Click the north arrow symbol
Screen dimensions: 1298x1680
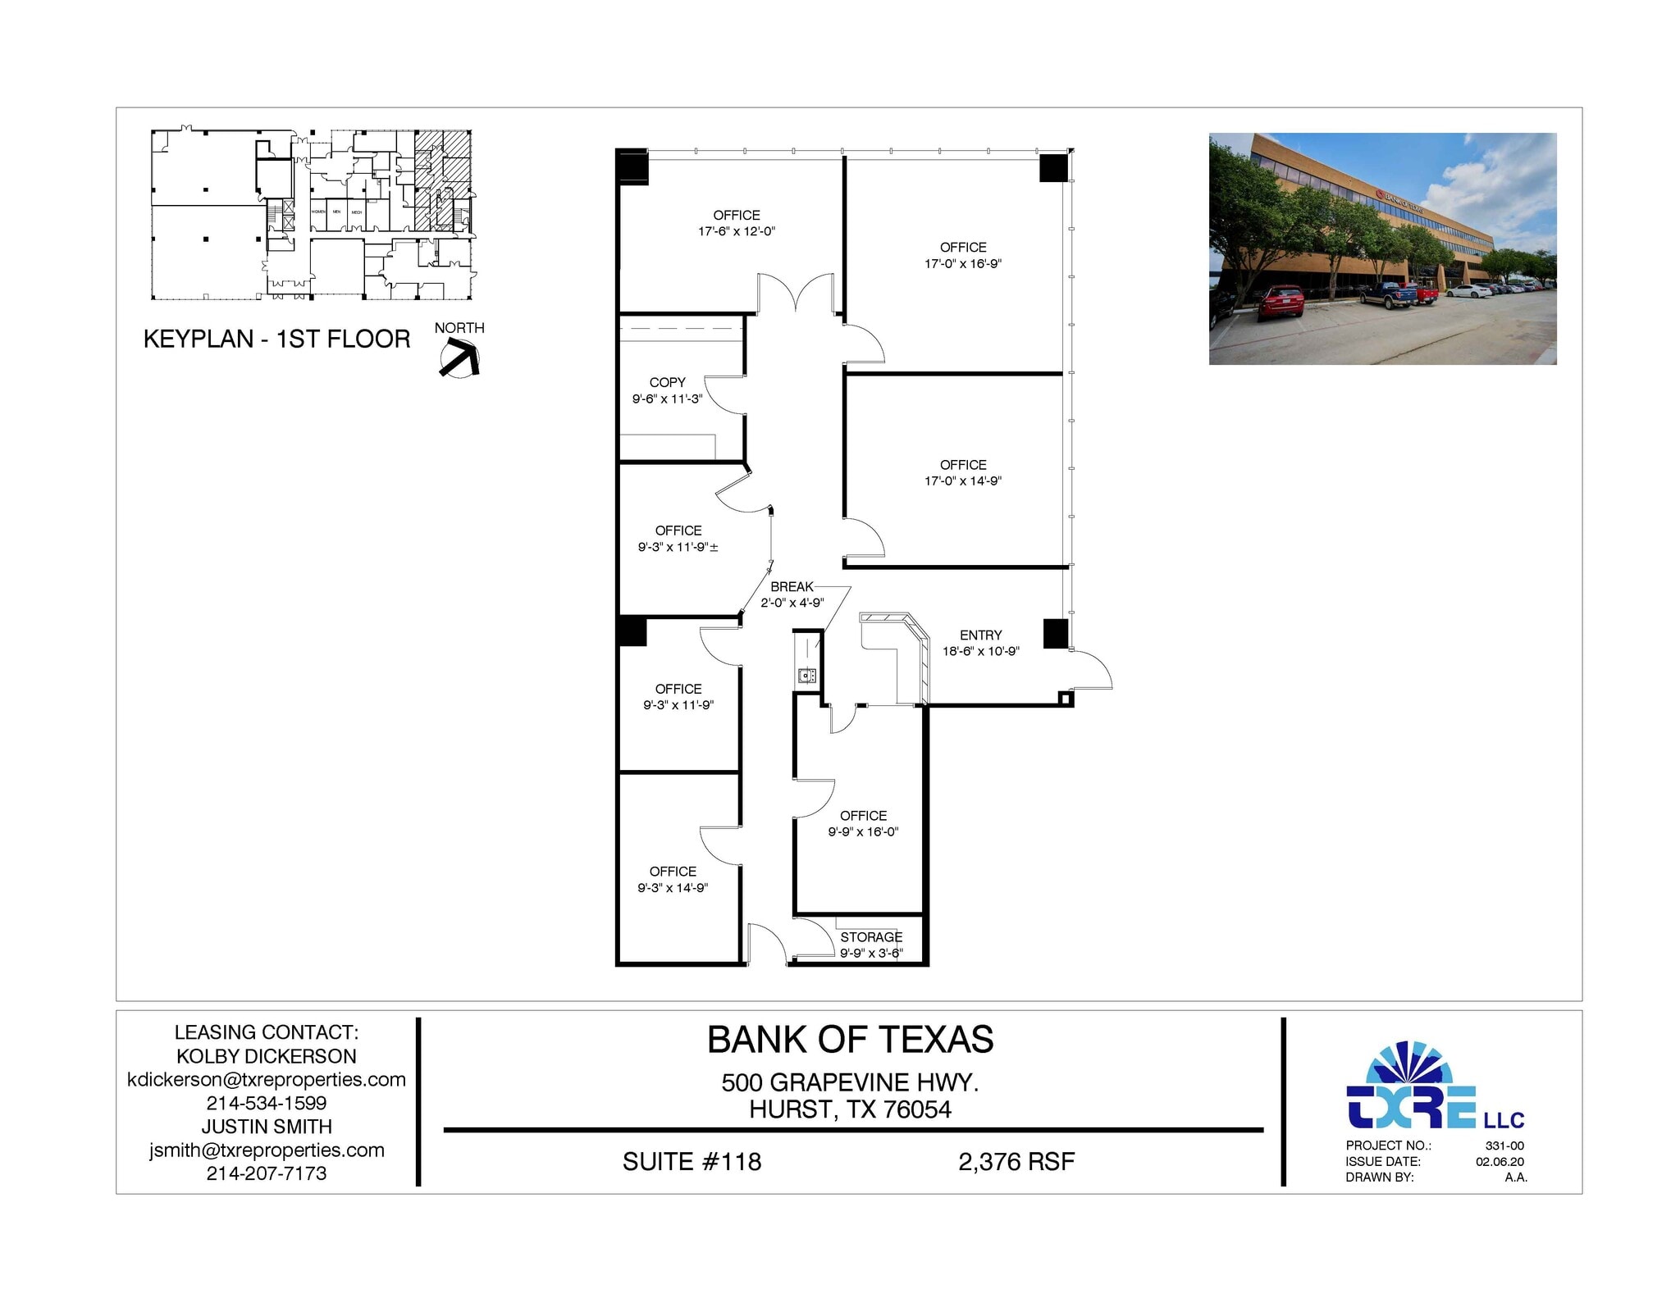pyautogui.click(x=459, y=358)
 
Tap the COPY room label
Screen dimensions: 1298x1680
pyautogui.click(x=667, y=382)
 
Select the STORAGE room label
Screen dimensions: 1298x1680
pyautogui.click(x=870, y=936)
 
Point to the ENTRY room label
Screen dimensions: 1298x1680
pyautogui.click(x=980, y=635)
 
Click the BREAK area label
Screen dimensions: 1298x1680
pyautogui.click(x=792, y=586)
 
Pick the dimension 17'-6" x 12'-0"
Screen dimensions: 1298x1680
pyautogui.click(x=736, y=231)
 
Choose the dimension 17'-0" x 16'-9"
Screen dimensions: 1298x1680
pyautogui.click(x=962, y=263)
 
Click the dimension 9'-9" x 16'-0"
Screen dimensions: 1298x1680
pyautogui.click(x=863, y=831)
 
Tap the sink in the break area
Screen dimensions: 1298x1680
pyautogui.click(x=807, y=676)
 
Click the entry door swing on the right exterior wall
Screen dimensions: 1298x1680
pyautogui.click(x=1091, y=671)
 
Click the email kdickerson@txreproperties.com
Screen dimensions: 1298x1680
pyautogui.click(x=267, y=1079)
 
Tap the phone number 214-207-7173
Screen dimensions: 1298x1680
pyautogui.click(x=267, y=1173)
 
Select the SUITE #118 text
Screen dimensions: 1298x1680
pyautogui.click(x=692, y=1161)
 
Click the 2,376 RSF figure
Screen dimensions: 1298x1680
pyautogui.click(x=1016, y=1161)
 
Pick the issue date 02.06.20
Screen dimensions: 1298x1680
pyautogui.click(x=1500, y=1161)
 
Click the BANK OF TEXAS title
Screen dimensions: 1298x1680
pyautogui.click(x=850, y=1040)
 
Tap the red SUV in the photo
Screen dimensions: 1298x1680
pyautogui.click(x=1280, y=302)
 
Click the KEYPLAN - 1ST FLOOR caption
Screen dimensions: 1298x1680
pyautogui.click(x=276, y=339)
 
